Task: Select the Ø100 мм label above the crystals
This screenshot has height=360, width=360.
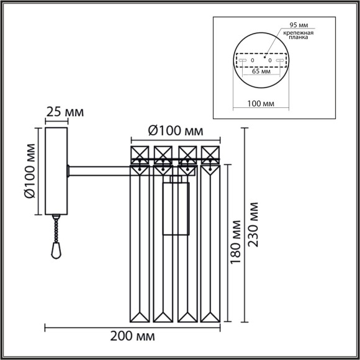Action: click(x=176, y=131)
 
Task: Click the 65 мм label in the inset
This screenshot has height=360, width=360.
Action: click(x=261, y=71)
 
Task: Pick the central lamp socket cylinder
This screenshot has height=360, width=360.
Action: click(x=176, y=205)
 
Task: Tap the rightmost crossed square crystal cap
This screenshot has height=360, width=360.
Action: click(x=211, y=153)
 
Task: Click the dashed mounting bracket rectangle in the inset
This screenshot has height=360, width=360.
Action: click(x=261, y=60)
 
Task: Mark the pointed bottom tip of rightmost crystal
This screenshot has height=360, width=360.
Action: click(x=211, y=320)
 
